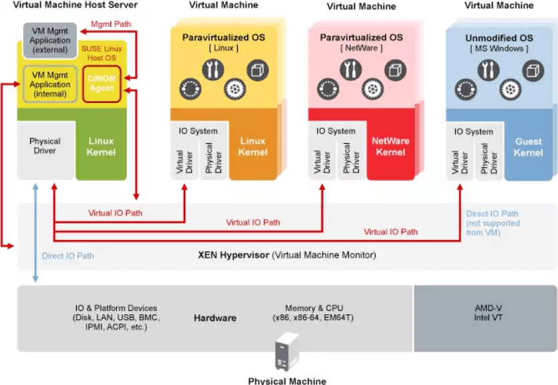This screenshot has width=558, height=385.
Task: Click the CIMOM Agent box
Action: click(x=102, y=84)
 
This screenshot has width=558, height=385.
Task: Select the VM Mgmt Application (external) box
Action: click(x=50, y=40)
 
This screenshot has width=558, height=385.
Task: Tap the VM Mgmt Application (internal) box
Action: click(x=50, y=84)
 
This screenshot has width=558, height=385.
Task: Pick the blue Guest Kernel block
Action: click(x=528, y=147)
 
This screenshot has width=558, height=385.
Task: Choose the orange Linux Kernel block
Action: click(x=253, y=147)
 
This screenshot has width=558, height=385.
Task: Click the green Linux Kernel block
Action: click(x=101, y=146)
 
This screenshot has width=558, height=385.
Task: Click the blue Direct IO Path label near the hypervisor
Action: click(x=67, y=255)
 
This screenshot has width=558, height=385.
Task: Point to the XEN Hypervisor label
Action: click(x=287, y=255)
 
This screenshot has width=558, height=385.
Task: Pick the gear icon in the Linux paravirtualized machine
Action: click(x=234, y=88)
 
